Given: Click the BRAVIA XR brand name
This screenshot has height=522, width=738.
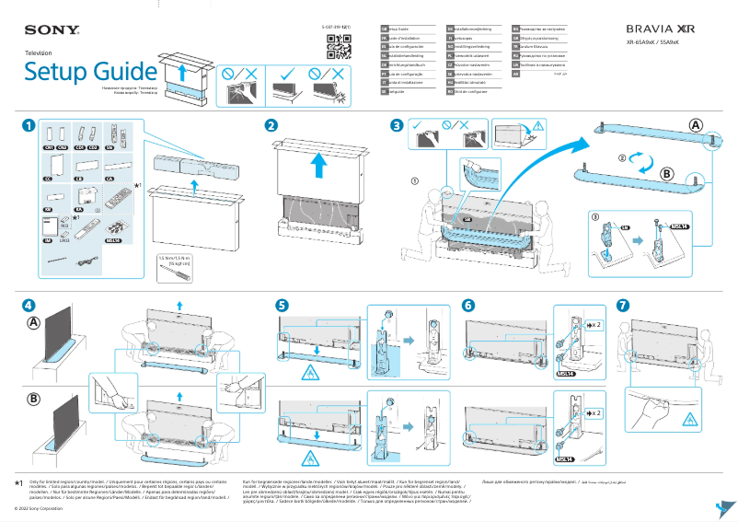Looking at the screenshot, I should click(x=661, y=29).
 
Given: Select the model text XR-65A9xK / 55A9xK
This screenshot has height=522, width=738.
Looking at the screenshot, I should click(x=661, y=43).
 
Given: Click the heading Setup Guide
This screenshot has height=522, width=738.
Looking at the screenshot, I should click(x=90, y=71).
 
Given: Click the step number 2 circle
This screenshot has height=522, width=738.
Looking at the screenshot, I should click(x=271, y=126).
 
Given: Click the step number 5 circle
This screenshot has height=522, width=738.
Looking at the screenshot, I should click(x=282, y=305).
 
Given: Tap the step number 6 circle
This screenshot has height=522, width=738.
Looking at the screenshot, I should click(x=468, y=305).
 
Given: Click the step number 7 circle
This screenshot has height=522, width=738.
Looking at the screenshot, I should click(x=623, y=305).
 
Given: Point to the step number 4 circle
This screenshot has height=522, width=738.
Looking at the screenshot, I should click(x=30, y=305).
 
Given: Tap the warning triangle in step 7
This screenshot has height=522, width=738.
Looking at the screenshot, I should click(x=686, y=419).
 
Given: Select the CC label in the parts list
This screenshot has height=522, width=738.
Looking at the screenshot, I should click(x=48, y=180).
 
